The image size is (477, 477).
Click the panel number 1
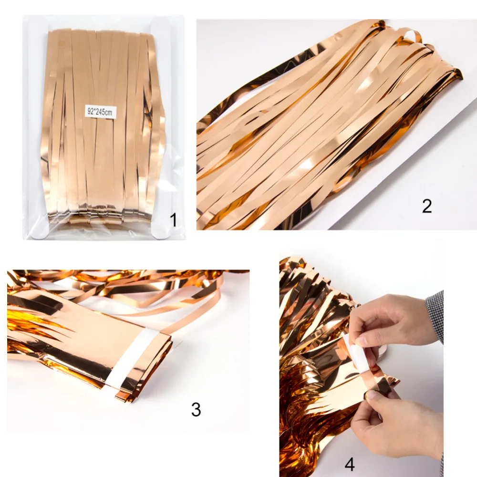tap(173, 220)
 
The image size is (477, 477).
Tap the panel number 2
tap(427, 206)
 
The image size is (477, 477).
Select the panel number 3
tap(196, 409)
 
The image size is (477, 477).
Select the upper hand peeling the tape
tap(396, 324)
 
